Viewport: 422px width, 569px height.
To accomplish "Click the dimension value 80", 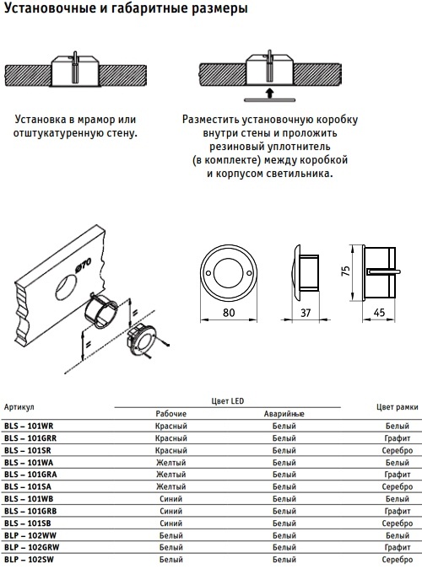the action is pos(229,313).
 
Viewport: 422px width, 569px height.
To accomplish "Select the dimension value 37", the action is pos(306,313).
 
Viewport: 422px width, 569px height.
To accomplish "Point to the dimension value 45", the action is pos(379,313).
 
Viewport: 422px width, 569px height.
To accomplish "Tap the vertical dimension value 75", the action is pos(346,271).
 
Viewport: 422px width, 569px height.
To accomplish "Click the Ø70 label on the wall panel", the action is pos(84,266).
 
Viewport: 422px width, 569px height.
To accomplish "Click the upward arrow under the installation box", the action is pos(269,92).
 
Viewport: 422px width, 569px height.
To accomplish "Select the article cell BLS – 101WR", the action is pos(29,426).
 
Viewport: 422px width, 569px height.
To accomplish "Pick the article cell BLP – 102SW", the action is pos(29,560).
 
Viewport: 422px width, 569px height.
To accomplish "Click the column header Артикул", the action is pos(19,407).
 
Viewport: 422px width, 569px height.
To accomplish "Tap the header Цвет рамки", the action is pos(398,407).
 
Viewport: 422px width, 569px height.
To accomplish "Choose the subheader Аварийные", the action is pos(284,414).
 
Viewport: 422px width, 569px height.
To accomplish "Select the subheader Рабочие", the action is pos(170,414).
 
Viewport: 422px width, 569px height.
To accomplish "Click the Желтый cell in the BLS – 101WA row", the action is pos(170,463).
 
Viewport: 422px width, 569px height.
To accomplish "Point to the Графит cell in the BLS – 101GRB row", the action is pos(398,511).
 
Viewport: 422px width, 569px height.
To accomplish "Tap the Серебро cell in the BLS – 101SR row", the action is pos(398,450).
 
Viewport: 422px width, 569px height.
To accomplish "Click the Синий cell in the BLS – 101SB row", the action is pos(170,523).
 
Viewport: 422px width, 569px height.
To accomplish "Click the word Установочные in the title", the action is pos(50,8).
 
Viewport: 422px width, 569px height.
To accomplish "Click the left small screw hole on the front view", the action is pos(208,273).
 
